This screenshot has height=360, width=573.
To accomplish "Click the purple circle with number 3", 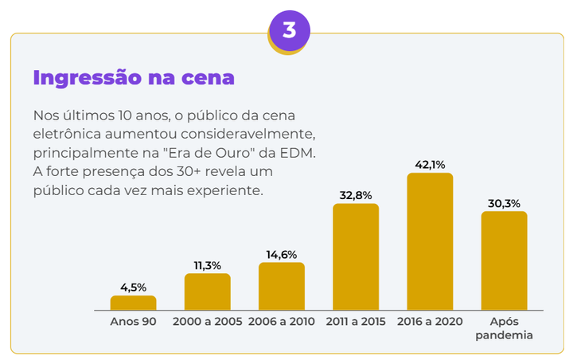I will (289, 31).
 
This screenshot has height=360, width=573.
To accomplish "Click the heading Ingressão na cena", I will (134, 78).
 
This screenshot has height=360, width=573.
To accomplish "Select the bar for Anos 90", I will (134, 303).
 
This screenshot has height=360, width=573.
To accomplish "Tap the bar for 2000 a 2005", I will (208, 292).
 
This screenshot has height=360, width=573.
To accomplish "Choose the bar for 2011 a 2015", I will (356, 256).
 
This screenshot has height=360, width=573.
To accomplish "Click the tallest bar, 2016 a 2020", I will (430, 241).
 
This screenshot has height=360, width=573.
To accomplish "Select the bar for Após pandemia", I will (504, 260).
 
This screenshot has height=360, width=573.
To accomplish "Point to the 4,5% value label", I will (134, 287).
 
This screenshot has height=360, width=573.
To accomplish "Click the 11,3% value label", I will (208, 265).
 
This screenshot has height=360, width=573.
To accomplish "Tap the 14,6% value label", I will (282, 254).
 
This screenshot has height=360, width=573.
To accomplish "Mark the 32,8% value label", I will (356, 195).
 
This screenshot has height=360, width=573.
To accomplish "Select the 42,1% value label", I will (430, 165).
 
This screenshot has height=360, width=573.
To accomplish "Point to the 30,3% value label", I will (504, 203).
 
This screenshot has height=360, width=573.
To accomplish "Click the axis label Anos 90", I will (134, 322).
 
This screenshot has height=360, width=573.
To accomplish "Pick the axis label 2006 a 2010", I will (282, 322).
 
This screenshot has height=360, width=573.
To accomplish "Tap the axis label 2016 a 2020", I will (430, 322).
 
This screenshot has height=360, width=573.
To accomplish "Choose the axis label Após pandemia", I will (504, 328).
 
